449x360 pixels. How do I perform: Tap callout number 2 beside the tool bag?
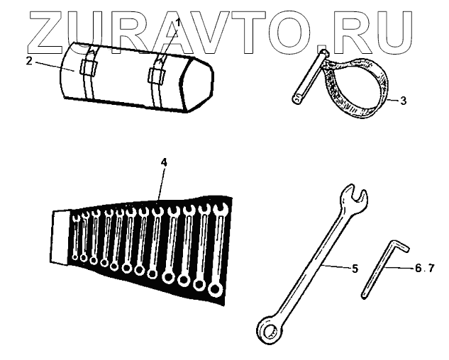pos(29,61)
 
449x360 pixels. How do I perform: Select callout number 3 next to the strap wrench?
pos(403,101)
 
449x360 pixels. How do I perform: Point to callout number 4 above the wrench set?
pos(164,162)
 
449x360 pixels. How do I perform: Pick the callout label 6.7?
pos(424,269)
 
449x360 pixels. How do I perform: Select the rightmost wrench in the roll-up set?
pos(218,248)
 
